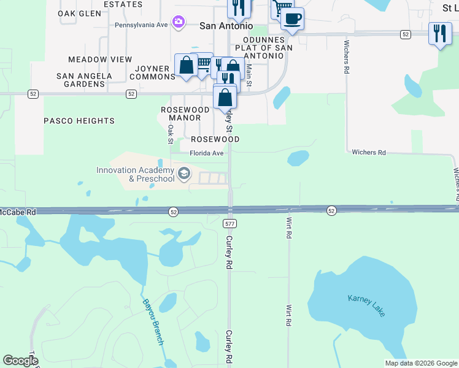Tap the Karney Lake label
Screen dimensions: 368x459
[x=367, y=305]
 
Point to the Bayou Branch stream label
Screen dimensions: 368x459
[x=153, y=321]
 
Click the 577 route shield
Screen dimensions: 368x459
[x=230, y=224]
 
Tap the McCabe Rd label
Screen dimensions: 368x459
[x=18, y=211]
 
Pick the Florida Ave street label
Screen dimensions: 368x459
[x=207, y=153]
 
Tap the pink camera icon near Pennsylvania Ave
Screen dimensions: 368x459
[x=178, y=23]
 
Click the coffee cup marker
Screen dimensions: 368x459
[x=293, y=18]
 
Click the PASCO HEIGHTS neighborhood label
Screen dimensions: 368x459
[x=79, y=121]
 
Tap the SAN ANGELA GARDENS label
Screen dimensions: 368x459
[x=84, y=80]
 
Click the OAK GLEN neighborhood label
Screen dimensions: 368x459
[x=79, y=13]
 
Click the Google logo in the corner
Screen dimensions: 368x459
[x=21, y=361]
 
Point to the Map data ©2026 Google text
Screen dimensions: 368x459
[x=420, y=363]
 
